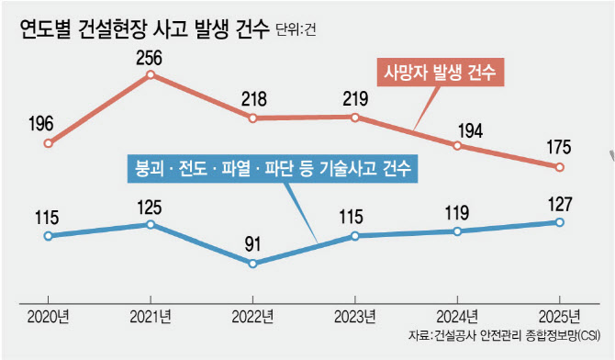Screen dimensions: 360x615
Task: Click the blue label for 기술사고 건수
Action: [272, 170]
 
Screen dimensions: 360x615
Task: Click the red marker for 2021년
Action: [151, 75]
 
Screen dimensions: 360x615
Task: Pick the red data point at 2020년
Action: [48, 143]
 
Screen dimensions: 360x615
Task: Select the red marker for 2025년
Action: [558, 166]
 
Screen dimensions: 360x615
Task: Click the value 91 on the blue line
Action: [253, 244]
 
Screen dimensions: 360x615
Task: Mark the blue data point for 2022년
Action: [253, 264]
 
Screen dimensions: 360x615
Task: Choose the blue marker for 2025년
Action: [558, 221]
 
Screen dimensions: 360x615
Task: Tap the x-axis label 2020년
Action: [48, 317]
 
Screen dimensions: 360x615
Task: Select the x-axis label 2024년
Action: [456, 317]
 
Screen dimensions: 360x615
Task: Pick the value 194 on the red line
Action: [457, 125]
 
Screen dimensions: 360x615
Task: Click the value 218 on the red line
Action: [253, 97]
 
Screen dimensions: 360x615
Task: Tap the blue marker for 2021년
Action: [151, 224]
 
